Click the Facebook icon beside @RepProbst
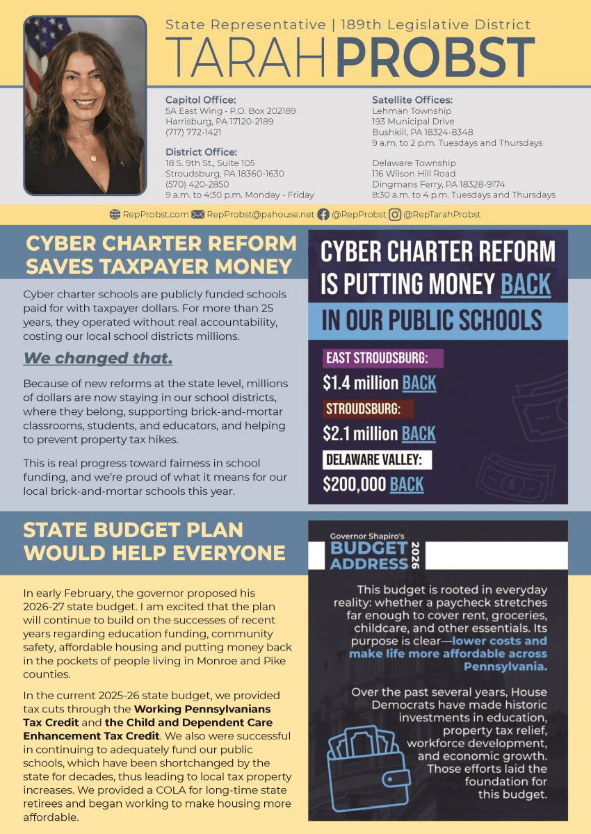coord(323,215)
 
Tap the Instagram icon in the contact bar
coord(395,215)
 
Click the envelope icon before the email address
coord(197,215)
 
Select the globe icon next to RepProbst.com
coord(115,215)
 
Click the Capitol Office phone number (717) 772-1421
coord(193,132)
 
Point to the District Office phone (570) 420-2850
coord(197,184)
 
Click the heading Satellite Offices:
coord(412,100)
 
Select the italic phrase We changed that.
coord(98,359)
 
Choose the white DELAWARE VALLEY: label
coord(378,460)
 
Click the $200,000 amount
coord(354,484)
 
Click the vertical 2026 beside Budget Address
coord(416,555)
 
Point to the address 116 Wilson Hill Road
coord(414,174)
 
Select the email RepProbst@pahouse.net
coord(261,215)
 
